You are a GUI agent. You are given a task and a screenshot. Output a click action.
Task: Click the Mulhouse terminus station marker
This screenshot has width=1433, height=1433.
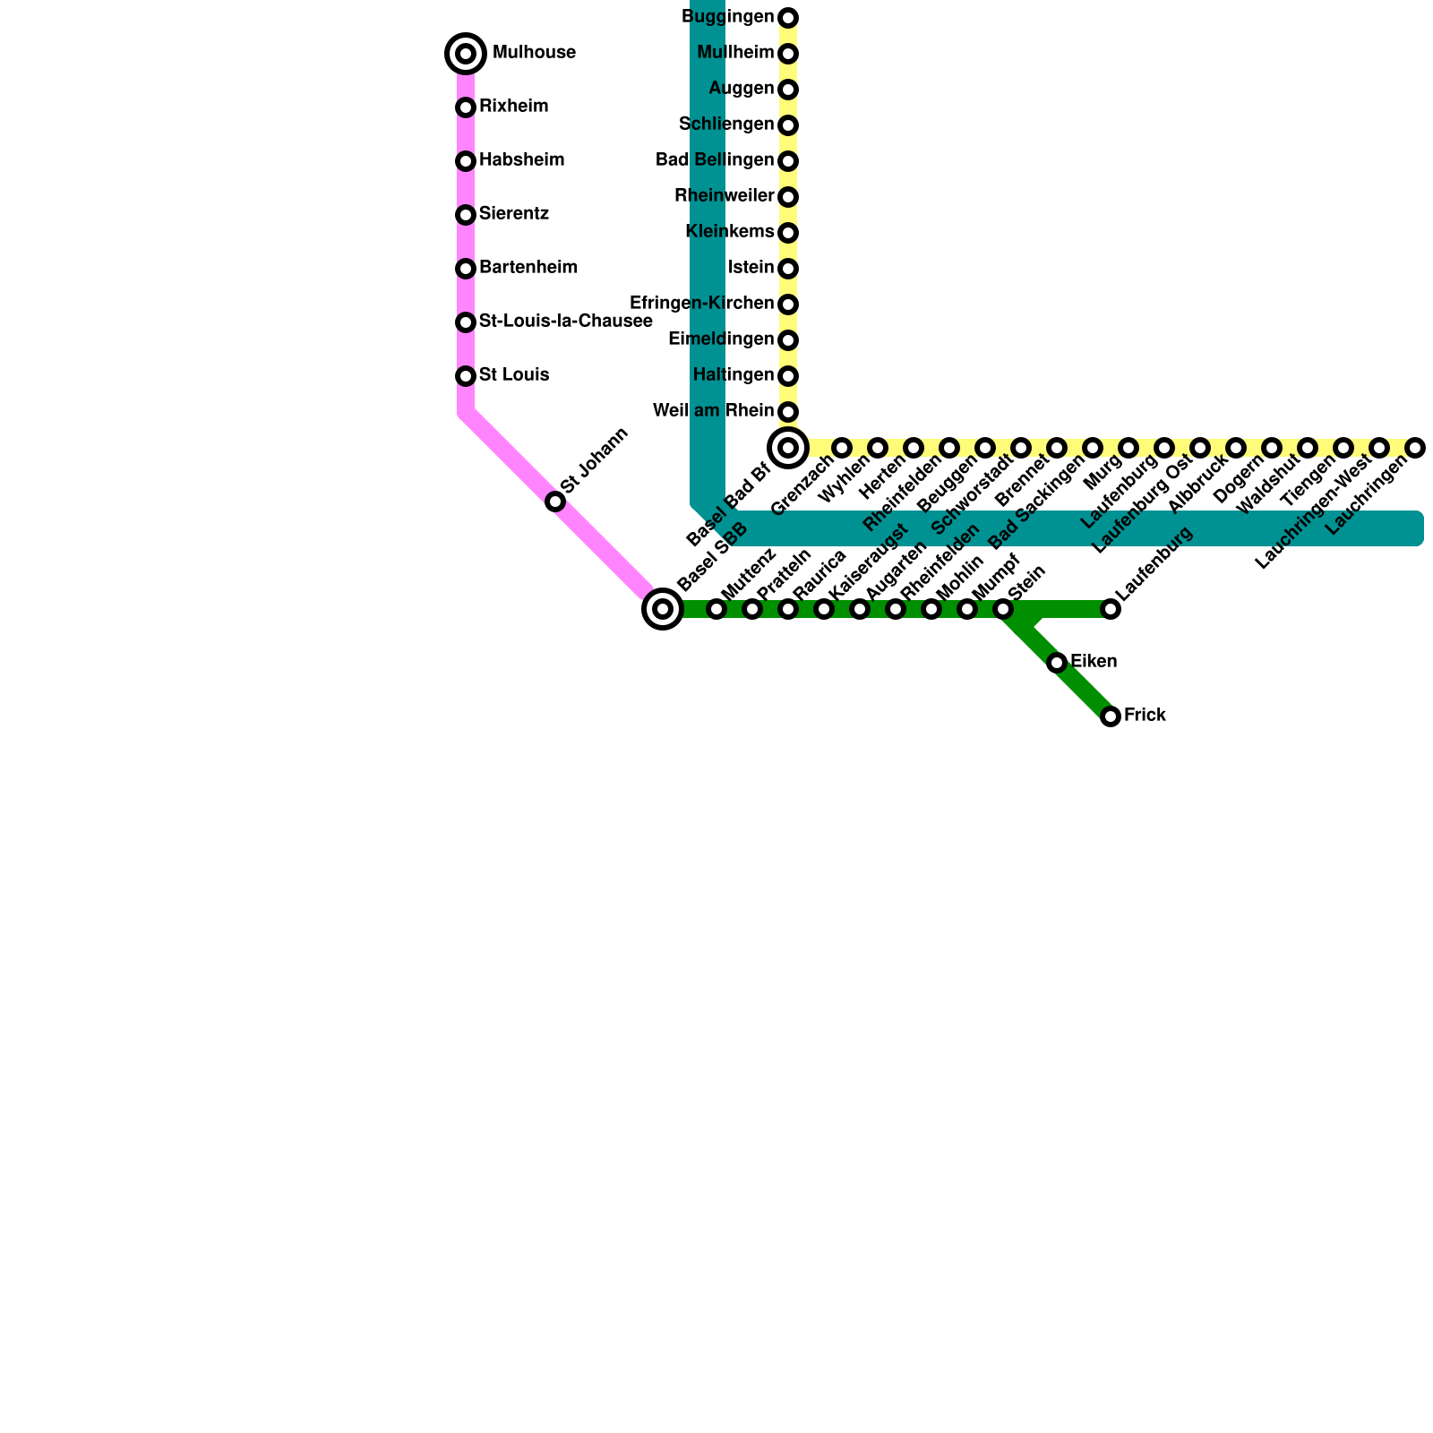coord(466,54)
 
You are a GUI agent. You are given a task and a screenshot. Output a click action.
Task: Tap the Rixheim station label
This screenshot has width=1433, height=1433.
coord(513,107)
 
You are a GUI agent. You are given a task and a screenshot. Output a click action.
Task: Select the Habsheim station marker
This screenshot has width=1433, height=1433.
coord(466,161)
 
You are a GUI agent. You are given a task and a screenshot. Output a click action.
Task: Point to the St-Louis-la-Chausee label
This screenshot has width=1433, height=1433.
coord(565,322)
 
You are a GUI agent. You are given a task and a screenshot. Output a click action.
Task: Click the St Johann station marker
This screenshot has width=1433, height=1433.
coord(555,502)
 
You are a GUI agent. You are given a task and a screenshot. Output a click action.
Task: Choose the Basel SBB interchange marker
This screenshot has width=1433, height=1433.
coord(663,609)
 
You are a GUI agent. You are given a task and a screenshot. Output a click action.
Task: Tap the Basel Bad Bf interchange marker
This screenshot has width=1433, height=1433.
coord(788,447)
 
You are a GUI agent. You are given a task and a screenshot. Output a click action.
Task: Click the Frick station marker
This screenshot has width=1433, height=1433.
coord(1111,716)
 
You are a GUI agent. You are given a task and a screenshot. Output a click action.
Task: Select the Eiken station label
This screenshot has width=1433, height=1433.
coord(1094,662)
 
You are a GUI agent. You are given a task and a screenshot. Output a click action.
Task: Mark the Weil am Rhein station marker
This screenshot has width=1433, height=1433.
coord(788,412)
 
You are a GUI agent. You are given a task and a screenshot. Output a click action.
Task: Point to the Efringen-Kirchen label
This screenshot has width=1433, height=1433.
coord(702,304)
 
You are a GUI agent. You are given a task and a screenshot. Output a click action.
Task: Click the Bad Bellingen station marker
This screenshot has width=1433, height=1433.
coord(788,161)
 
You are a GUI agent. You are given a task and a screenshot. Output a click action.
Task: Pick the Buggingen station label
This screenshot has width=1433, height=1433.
coord(727,17)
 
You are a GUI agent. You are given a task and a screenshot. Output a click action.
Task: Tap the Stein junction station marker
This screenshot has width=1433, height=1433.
coord(1003,609)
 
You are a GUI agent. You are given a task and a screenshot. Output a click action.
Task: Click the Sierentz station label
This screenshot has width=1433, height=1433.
coord(513,214)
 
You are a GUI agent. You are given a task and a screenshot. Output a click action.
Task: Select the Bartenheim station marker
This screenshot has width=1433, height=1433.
coord(466,269)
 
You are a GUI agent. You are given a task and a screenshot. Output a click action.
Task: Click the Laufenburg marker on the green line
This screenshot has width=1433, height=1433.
coord(1111,609)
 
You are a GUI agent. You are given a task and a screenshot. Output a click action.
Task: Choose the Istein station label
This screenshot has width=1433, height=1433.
coord(751,268)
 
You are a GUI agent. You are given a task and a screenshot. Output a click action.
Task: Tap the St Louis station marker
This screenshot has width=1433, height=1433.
coord(466,376)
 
